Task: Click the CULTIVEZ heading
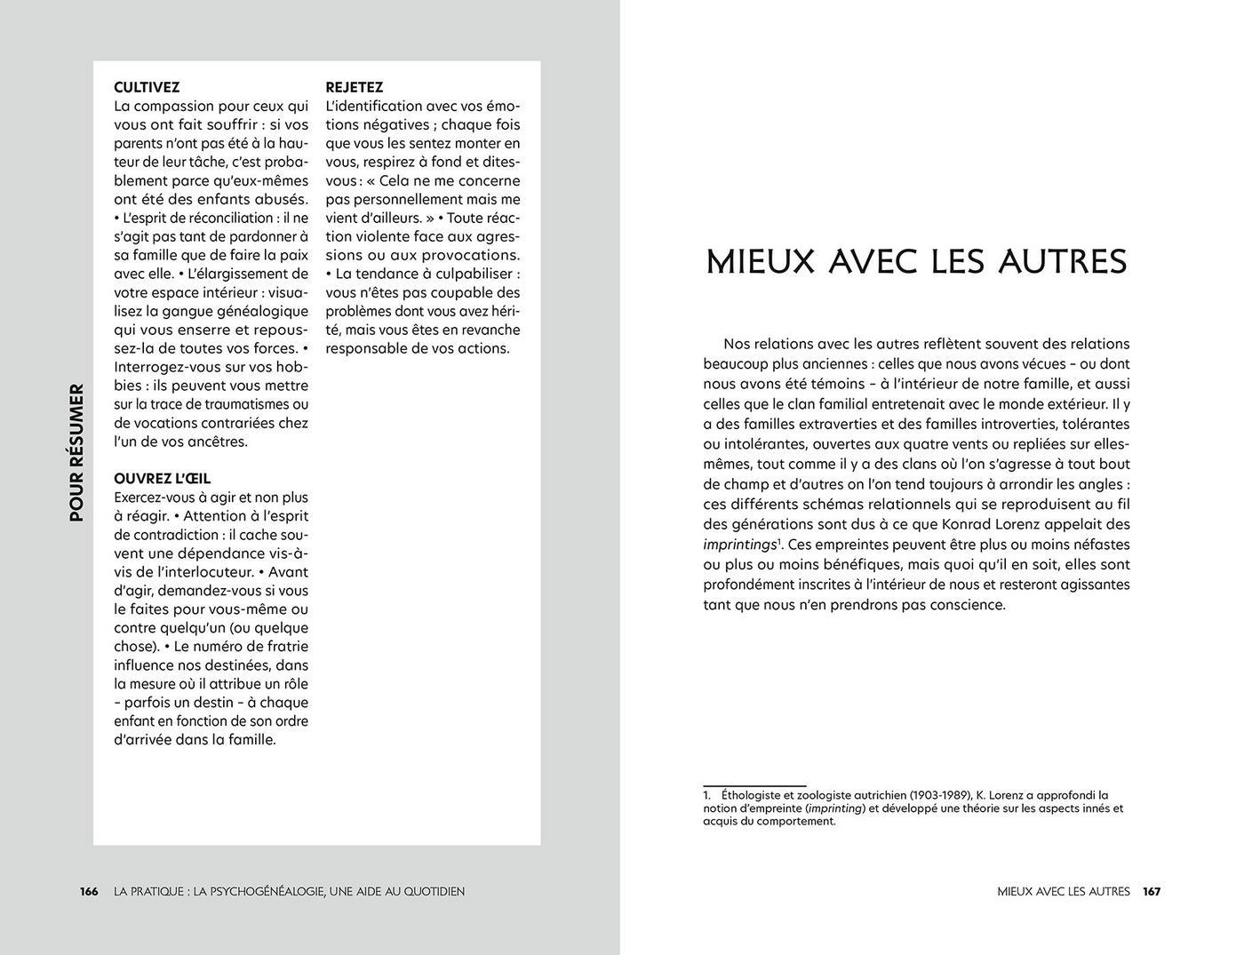(x=147, y=87)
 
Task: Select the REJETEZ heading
(x=354, y=87)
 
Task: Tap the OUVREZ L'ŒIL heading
(x=162, y=479)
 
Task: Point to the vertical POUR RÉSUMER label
(x=76, y=452)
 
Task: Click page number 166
(x=89, y=891)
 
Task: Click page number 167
(x=1152, y=891)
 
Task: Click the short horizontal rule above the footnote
(x=754, y=785)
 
